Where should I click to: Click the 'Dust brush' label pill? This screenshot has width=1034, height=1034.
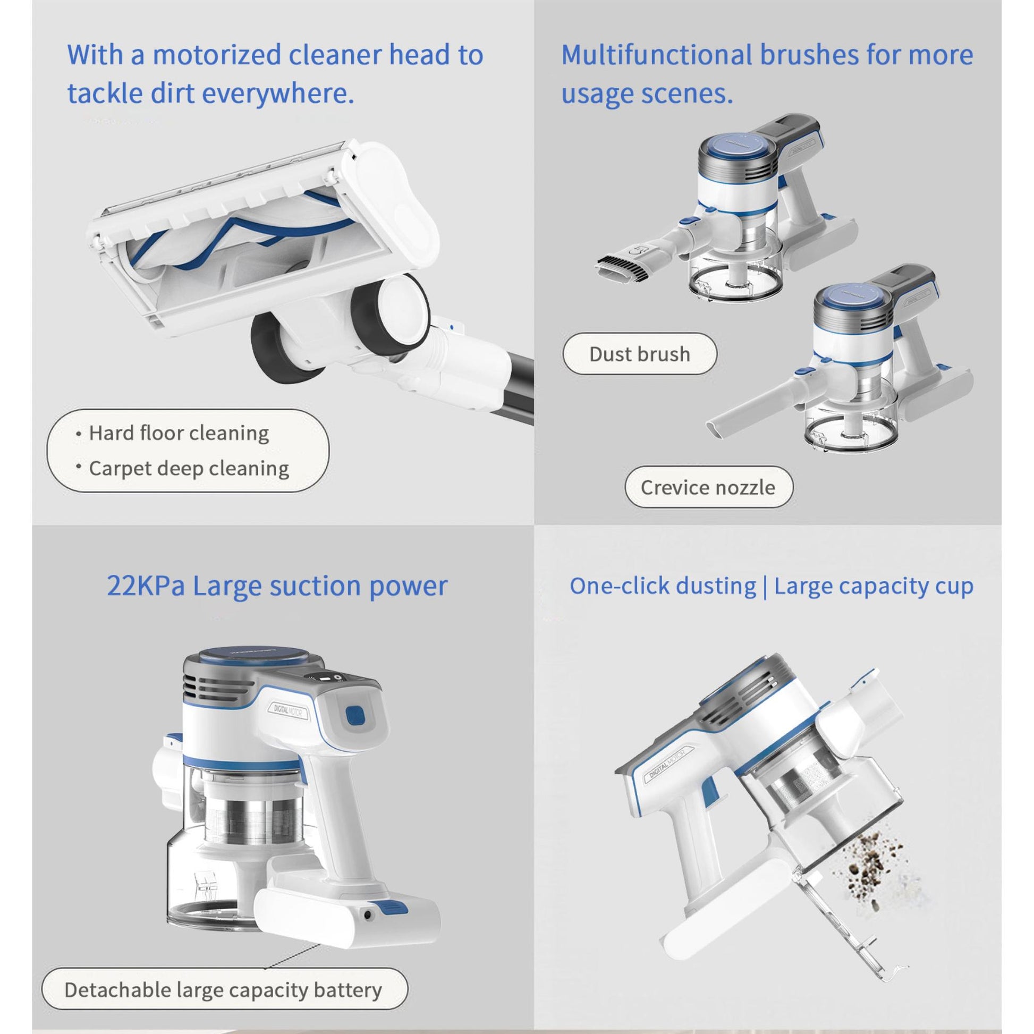tap(639, 354)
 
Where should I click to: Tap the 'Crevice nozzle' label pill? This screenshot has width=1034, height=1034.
tap(708, 487)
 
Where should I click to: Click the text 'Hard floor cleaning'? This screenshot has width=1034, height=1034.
tap(179, 433)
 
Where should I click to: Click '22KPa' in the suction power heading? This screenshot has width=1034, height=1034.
tap(146, 586)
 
